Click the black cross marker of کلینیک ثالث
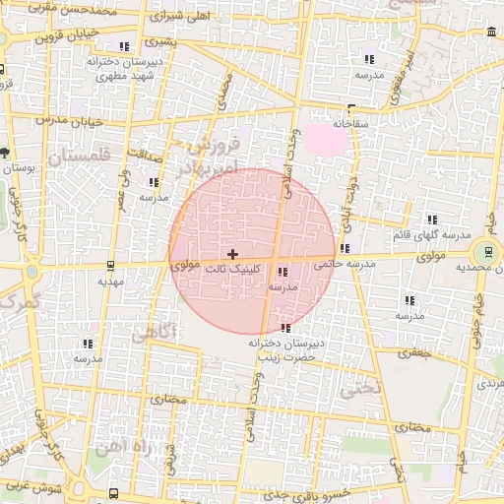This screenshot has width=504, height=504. click(x=232, y=254)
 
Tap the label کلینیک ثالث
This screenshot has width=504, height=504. click(x=240, y=268)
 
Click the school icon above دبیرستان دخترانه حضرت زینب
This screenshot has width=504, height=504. click(x=285, y=328)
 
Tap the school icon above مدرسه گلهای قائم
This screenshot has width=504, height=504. click(x=431, y=220)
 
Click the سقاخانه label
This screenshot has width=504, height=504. click(x=350, y=125)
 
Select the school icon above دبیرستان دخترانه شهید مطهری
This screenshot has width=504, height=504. click(x=123, y=46)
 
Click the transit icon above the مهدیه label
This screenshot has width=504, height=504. click(x=109, y=265)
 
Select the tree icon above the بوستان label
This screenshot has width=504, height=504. click(x=5, y=153)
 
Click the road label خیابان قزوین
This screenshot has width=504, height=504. click(x=68, y=34)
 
